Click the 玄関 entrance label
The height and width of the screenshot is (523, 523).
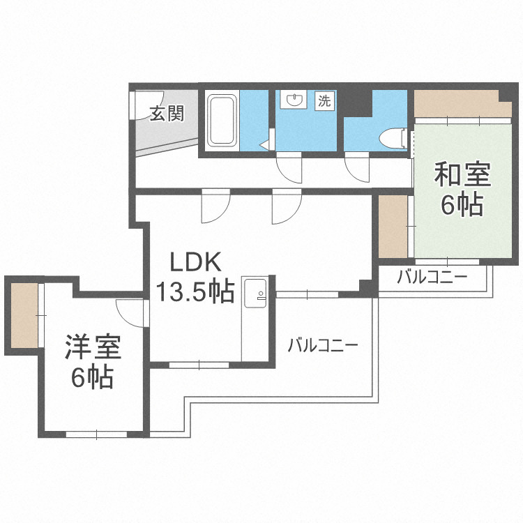coord(167,113)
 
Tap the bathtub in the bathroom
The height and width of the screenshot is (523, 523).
coord(222,121)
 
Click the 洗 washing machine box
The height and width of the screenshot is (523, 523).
coord(324,100)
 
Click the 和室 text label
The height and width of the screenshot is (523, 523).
coord(462,174)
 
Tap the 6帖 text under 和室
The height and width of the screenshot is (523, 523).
coord(462,204)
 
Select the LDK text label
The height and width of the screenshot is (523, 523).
coord(197,263)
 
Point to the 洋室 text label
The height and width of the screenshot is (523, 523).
coord(93,347)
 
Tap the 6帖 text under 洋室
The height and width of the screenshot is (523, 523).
coord(92,377)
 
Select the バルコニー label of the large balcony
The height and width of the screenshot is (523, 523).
coord(322,344)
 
